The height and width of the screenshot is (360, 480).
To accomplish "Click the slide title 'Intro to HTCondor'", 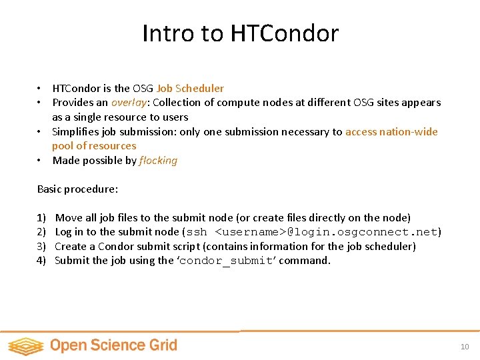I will tap(240, 33).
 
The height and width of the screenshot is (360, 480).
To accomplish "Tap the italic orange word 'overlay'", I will tap(129, 103).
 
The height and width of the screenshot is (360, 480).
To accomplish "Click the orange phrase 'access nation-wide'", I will tap(391, 131).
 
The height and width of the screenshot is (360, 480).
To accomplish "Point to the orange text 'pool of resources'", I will tap(94, 146).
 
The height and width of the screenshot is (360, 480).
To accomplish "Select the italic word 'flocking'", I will tap(158, 161).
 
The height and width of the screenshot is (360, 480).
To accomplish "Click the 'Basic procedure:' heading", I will tap(77, 189).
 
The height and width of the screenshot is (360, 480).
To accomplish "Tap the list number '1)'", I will tap(41, 218).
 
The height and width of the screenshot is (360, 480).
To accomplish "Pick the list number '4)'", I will tap(41, 261).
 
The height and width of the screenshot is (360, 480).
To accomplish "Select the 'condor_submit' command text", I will tap(227, 261).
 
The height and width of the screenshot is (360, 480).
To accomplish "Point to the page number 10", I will tap(465, 347).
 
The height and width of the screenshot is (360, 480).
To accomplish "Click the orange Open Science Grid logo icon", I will tap(25, 345).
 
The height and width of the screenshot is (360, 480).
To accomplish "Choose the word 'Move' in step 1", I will tap(69, 218).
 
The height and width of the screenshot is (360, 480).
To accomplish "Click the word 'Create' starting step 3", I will tap(71, 247).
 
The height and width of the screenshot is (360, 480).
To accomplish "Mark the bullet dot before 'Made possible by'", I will tap(40, 161).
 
